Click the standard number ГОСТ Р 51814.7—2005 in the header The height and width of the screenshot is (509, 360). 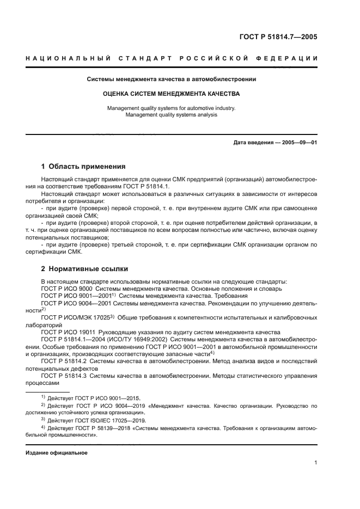278,38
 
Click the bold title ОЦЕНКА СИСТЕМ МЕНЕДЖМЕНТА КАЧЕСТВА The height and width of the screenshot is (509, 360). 172,94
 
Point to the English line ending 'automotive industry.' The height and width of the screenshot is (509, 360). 172,108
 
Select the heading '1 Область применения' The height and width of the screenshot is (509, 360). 83,167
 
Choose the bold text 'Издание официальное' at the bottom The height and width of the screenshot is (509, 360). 57,452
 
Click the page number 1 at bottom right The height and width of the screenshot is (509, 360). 315,463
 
